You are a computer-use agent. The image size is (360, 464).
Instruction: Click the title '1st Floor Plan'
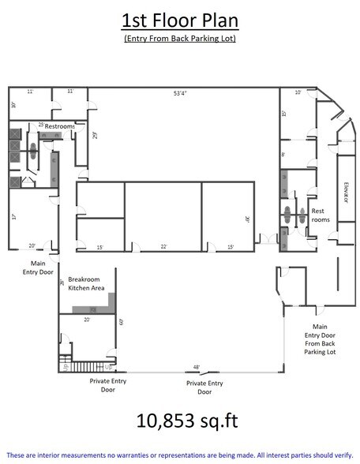click(180, 20)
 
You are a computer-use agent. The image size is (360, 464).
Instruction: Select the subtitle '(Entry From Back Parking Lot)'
click(180, 39)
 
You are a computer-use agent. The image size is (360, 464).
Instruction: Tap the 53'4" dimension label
click(181, 93)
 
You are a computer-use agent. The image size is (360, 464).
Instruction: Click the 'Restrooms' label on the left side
click(60, 126)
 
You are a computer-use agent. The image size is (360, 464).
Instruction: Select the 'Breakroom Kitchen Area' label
click(86, 284)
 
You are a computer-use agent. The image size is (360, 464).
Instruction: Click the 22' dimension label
click(163, 247)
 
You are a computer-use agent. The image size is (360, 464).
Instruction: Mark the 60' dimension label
click(121, 321)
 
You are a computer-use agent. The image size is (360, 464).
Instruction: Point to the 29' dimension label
click(95, 134)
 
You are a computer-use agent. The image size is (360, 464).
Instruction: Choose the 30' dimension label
click(247, 220)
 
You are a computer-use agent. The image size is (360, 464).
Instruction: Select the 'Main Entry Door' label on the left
click(38, 269)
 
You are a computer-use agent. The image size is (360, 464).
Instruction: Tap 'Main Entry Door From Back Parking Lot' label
click(320, 339)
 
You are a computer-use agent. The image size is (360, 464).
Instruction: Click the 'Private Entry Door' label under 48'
click(204, 387)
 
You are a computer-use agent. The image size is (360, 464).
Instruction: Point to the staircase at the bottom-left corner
click(79, 365)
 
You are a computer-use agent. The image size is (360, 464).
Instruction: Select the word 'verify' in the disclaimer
click(339, 455)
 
